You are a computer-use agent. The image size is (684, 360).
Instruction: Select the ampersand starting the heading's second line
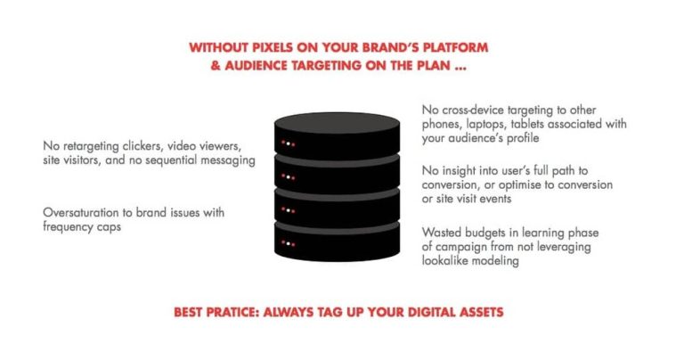(x=216, y=65)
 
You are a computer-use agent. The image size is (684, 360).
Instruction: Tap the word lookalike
(x=443, y=261)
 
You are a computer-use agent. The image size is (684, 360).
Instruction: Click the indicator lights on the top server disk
(x=288, y=143)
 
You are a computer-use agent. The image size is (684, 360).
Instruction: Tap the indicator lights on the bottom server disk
(x=288, y=243)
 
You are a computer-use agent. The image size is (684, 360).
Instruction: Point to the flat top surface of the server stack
(x=338, y=123)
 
